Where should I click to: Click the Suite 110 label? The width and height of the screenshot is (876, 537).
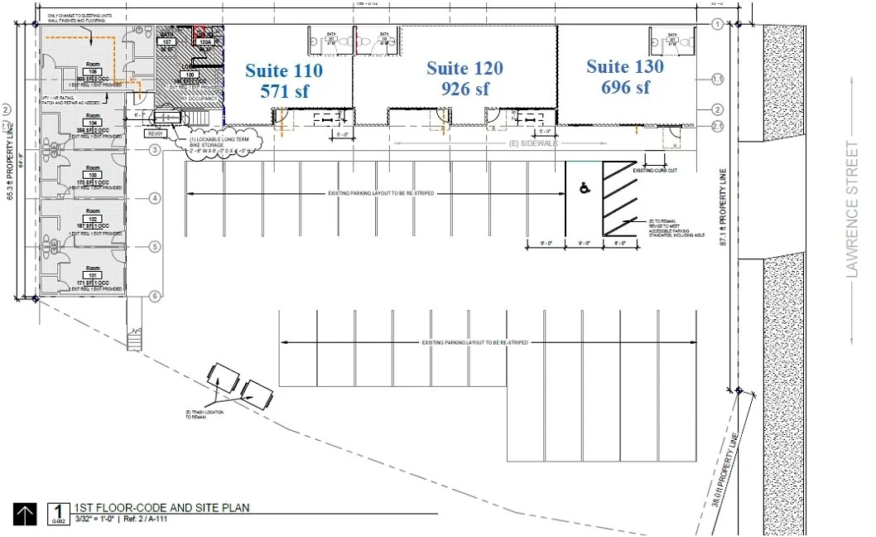pos(283,71)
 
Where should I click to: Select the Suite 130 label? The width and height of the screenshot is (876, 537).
pos(624,66)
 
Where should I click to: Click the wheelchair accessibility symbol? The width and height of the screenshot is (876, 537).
pos(585,190)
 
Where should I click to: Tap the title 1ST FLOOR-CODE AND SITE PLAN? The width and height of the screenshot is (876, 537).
pos(161,507)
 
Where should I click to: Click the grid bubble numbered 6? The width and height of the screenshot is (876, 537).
pos(154,296)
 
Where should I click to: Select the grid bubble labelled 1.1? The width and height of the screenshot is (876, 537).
pos(718,80)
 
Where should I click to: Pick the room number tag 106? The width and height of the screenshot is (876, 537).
pos(93,72)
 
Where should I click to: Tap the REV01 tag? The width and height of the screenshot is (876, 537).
pos(155,133)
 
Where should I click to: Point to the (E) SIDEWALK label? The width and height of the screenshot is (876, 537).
pos(531,143)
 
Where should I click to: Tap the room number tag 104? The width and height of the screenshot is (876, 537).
pos(93,123)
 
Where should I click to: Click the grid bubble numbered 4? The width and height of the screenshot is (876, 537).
pos(154,198)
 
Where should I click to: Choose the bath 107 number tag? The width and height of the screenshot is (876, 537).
pos(167,41)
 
